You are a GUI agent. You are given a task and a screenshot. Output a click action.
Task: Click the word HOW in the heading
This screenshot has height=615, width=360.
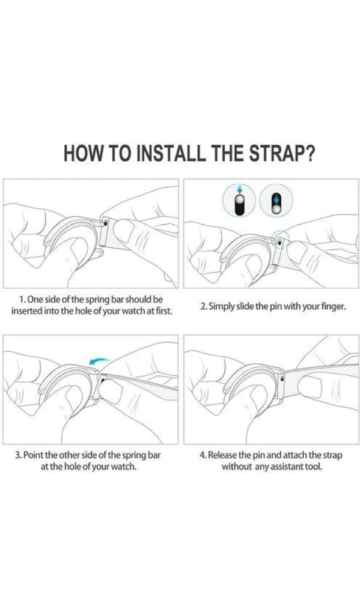click(85, 153)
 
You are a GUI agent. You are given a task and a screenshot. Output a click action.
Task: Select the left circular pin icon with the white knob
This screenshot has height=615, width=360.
click(239, 201)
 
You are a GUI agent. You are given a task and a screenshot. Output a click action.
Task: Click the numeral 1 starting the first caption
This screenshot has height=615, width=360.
click(22, 299)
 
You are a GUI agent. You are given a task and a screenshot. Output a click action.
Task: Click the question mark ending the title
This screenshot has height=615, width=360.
click(307, 153)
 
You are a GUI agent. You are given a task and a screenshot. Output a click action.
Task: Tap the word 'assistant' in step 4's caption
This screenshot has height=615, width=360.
click(282, 467)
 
